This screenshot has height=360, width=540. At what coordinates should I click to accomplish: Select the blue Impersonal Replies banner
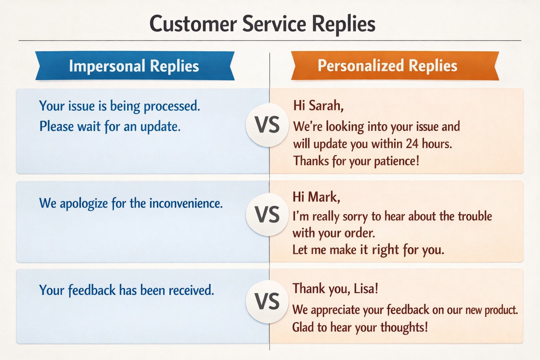point(135,66)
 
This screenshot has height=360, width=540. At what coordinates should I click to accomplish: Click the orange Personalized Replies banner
point(395,66)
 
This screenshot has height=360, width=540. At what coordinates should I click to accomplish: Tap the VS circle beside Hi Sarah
point(267,125)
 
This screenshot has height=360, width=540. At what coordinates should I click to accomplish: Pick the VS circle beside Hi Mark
point(267,214)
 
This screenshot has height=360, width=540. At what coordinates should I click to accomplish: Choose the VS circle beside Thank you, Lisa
point(267,301)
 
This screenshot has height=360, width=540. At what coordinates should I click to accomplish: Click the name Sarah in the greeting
point(326,105)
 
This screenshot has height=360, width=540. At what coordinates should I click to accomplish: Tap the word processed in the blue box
point(172,106)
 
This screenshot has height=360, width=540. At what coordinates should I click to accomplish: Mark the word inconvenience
point(186,203)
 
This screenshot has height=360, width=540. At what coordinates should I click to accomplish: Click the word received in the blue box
point(191,290)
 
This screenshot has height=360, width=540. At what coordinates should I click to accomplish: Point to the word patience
point(397,161)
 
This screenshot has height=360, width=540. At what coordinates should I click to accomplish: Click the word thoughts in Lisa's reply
point(404,327)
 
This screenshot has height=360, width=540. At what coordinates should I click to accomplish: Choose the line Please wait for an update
point(110,126)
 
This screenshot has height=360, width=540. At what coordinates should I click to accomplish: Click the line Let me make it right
point(368,250)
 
